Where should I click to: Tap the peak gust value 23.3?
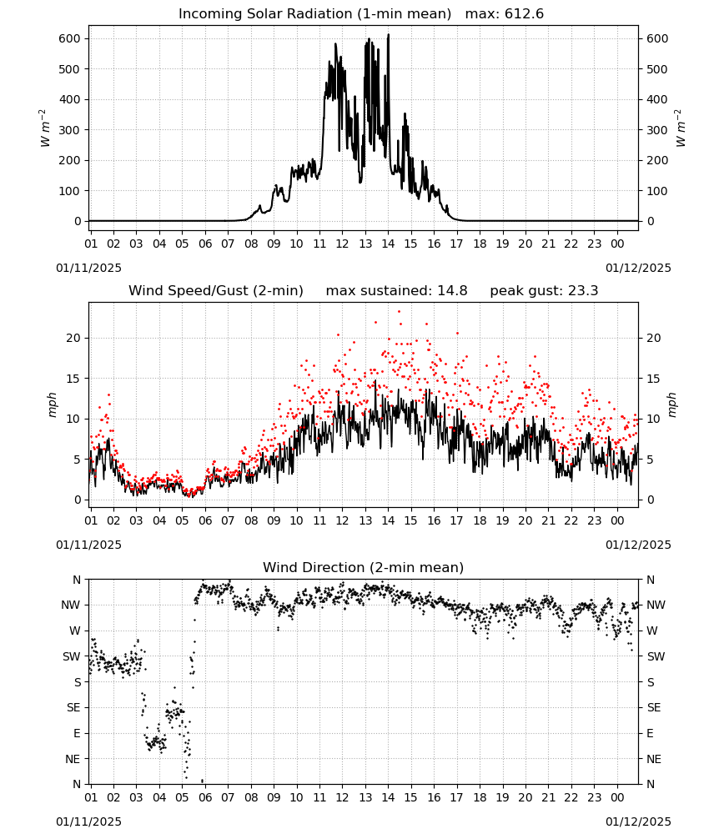coord(583,291)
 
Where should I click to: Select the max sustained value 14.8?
coord(452,291)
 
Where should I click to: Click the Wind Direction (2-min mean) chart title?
coord(364,567)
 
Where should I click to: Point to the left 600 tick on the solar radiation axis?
coord(70,39)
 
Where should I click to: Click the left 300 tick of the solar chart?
coord(70,130)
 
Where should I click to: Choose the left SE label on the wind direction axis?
coord(73,708)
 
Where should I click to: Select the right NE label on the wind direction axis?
coord(654,759)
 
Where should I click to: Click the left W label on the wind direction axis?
coord(76,631)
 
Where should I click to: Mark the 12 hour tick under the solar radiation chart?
coord(342,244)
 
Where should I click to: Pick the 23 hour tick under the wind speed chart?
coord(594,520)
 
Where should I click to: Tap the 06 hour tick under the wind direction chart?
coord(205,798)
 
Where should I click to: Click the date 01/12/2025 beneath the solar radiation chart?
coord(638,268)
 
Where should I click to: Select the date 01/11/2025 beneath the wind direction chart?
coord(88,821)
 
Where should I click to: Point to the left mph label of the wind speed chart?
coord(52,404)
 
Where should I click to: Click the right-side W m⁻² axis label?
coord(681,128)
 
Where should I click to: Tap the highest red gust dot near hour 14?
coord(399,312)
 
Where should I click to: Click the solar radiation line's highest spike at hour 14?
coord(388,35)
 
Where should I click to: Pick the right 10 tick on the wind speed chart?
coord(653,420)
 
